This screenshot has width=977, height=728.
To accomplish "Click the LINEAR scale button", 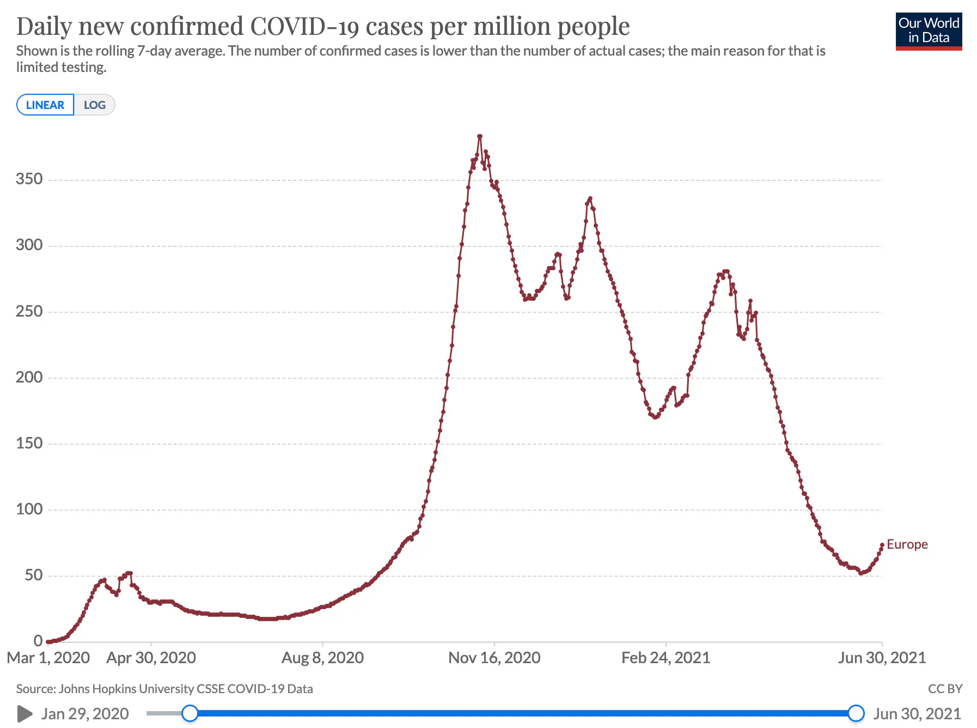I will point(45,105).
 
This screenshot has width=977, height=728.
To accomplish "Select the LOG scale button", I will point(94,105).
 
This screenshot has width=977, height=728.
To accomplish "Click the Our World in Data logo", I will point(929,32).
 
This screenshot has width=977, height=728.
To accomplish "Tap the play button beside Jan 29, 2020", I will point(25,713).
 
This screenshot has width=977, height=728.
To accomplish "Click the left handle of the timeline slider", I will point(190,713).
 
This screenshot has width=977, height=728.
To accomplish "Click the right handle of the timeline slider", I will point(856,713).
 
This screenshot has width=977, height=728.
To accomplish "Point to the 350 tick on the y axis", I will point(29,179).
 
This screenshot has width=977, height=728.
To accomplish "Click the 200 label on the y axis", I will point(29,377).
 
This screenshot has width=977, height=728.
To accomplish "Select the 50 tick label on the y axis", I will point(34,575).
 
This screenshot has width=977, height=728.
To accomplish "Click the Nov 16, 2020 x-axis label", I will point(494,658).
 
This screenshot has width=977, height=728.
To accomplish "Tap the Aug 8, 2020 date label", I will point(322,658).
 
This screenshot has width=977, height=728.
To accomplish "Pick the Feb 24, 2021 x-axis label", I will point(665,658).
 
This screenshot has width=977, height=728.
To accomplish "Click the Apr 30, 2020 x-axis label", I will point(151,658).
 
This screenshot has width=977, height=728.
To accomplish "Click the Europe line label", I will point(907,544).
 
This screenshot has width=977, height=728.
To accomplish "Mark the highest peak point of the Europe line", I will point(479,136).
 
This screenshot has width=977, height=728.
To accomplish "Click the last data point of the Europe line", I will point(882,545).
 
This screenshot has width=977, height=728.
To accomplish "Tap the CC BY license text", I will point(945,689).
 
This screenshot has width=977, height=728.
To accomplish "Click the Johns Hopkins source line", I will point(164,689).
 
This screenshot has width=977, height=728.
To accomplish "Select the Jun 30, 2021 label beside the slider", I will point(917,713).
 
